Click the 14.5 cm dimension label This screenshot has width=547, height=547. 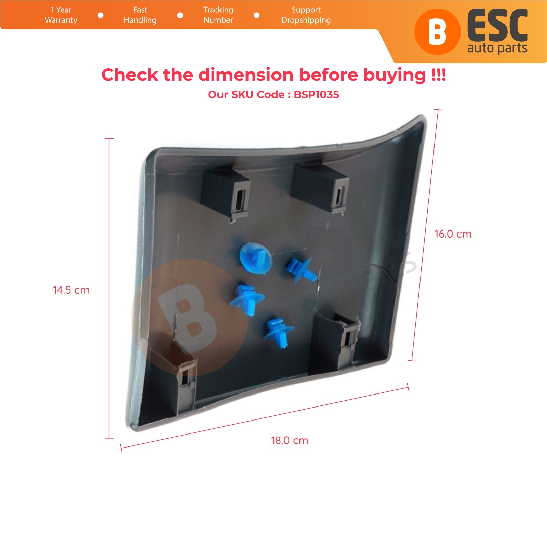point(71,290)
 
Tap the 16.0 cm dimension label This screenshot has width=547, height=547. point(453,234)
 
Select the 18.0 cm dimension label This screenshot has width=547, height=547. point(290,440)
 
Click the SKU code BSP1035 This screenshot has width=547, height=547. point(317,95)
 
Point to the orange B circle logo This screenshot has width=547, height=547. point(438,32)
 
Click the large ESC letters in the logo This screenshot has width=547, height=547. point(497,26)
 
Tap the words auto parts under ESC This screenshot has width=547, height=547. point(497,48)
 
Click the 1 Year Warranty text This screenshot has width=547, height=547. point(61,15)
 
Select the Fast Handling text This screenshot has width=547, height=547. point(140,15)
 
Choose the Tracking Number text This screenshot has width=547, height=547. point(218,15)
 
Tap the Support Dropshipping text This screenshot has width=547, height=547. point(306,15)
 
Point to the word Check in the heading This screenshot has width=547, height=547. point(130,75)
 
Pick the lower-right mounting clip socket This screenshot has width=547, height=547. point(337,342)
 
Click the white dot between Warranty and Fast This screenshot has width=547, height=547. point(101,15)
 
